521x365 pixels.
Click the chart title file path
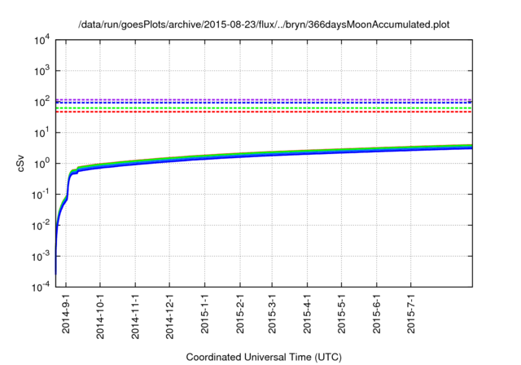coord(264,25)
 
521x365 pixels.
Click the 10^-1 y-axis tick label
coord(38,194)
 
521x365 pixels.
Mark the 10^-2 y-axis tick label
coord(38,225)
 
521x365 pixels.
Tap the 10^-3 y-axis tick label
coord(38,255)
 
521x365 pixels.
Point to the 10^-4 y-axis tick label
coord(38,286)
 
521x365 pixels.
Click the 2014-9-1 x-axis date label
coord(67,314)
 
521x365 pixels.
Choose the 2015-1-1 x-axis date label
coord(205,314)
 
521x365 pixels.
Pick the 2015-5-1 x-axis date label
coord(342,314)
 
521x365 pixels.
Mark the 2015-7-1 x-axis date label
coord(411,314)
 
